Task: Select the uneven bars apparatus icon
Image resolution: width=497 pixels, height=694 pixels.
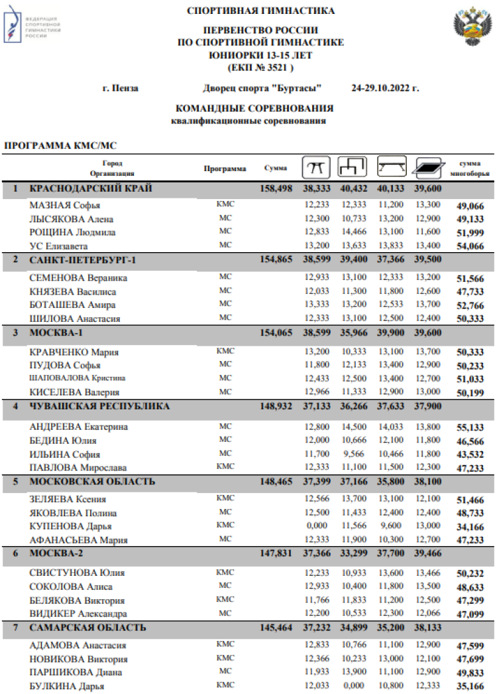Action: (x=353, y=167)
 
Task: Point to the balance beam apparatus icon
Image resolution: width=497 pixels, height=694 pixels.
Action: (x=391, y=167)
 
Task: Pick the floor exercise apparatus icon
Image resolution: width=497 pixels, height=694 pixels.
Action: (x=427, y=167)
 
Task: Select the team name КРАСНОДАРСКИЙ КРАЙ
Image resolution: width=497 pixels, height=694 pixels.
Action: (x=91, y=189)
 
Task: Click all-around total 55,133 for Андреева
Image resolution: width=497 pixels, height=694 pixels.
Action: (x=471, y=427)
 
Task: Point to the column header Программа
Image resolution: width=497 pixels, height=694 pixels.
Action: (x=225, y=169)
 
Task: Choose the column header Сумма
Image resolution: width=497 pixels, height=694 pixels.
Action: (x=275, y=168)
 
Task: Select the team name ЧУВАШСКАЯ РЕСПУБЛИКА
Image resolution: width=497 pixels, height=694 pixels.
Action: (x=100, y=406)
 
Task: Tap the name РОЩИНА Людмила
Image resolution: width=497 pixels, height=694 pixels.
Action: (x=72, y=232)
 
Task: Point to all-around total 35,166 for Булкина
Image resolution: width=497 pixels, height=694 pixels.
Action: (x=471, y=687)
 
